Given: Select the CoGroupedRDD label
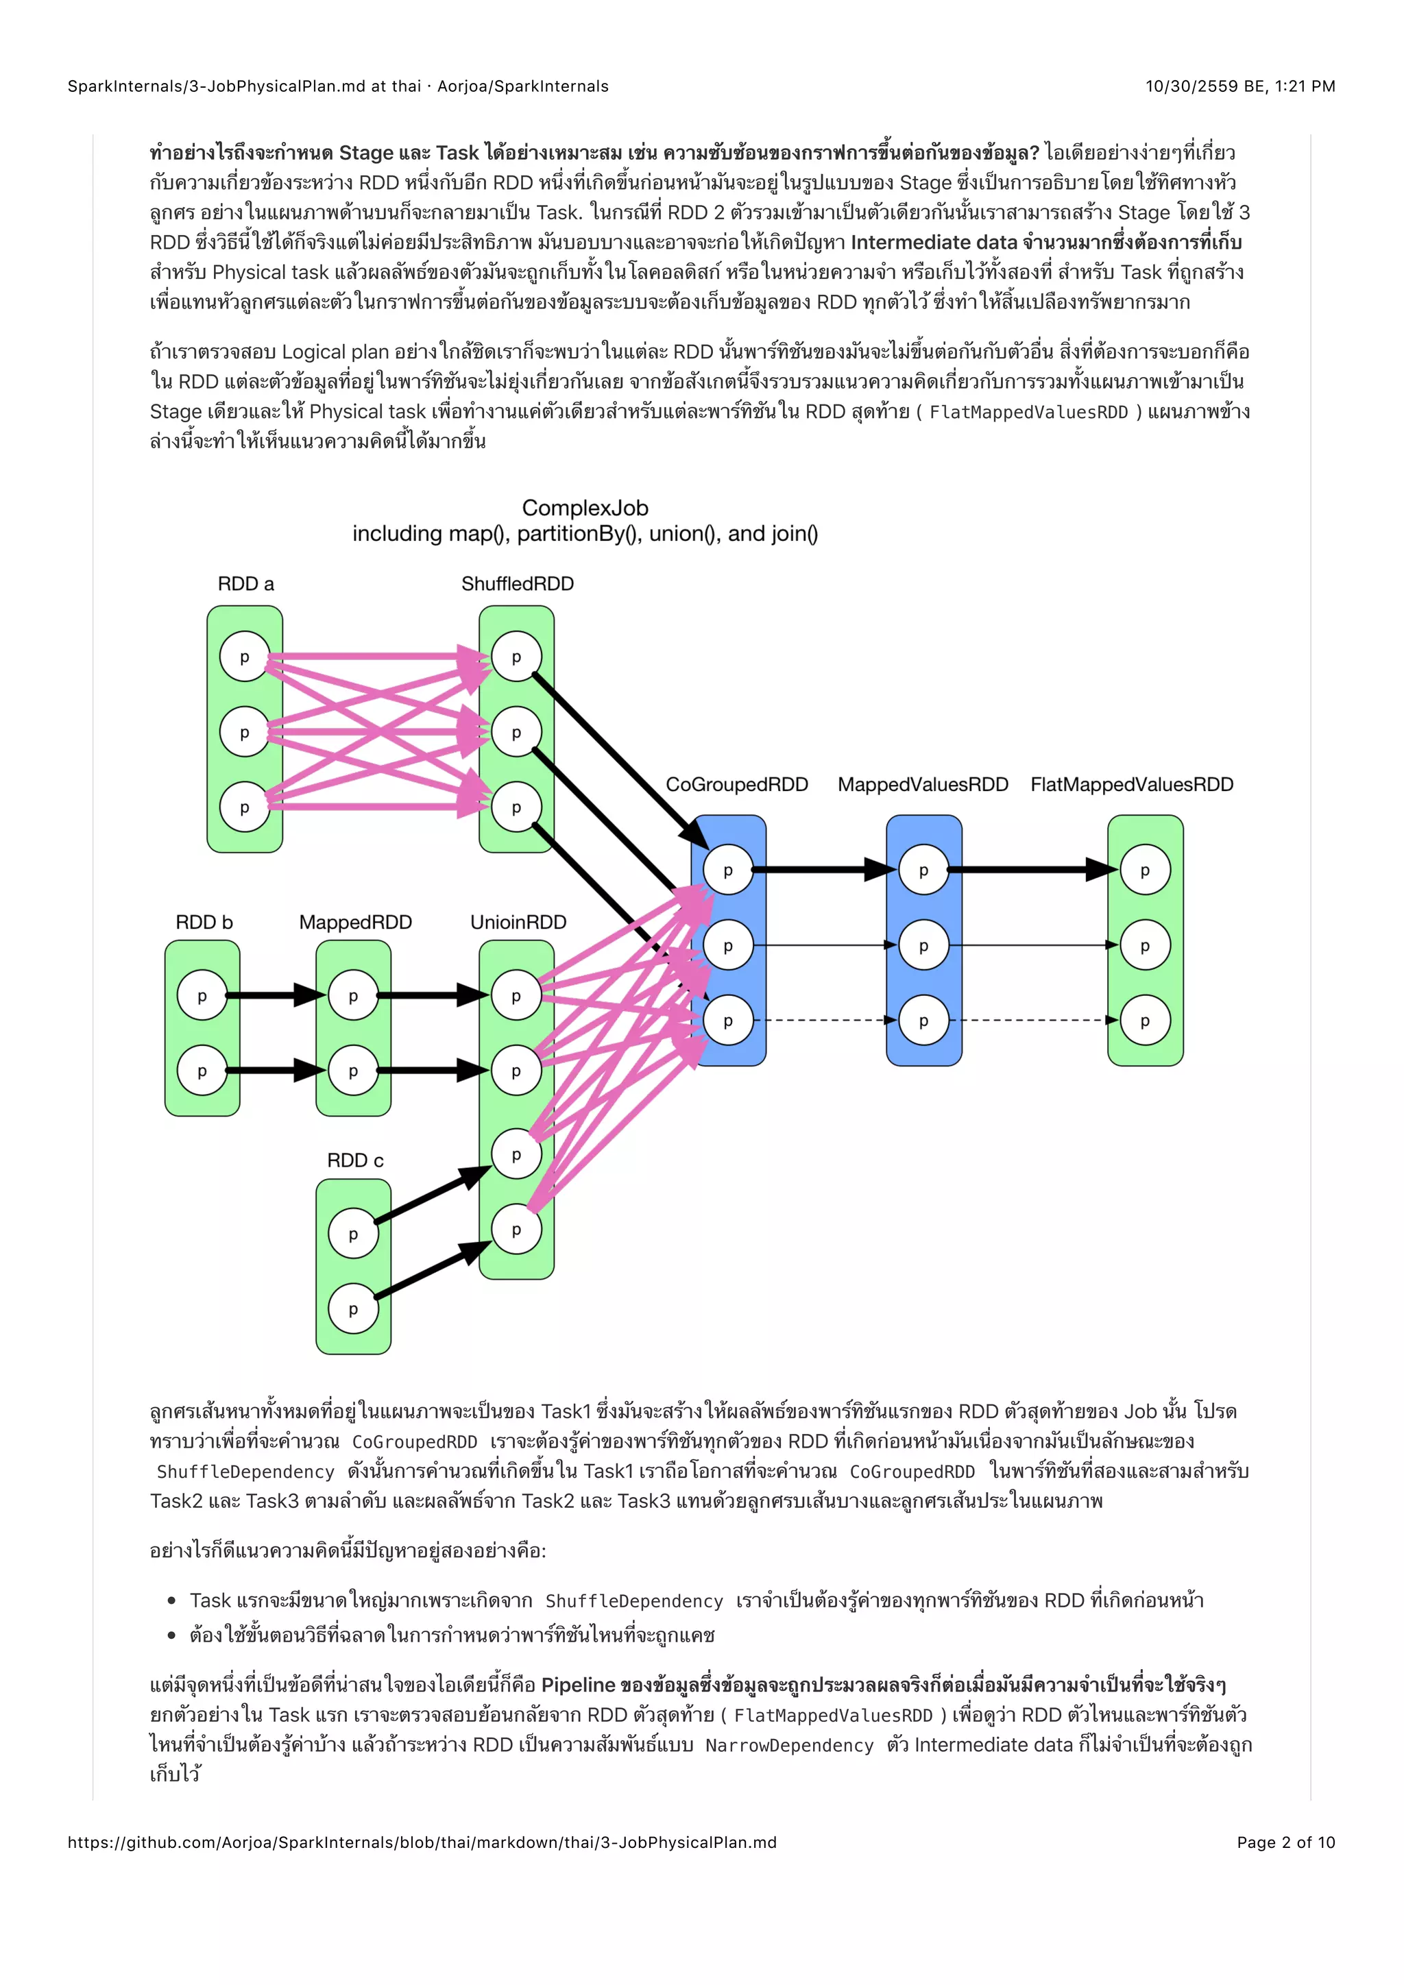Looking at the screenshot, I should coord(736,784).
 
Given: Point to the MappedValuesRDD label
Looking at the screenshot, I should coord(923,784).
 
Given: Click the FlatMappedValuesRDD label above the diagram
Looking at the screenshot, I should coord(1132,784).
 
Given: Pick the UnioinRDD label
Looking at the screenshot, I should coord(518,923).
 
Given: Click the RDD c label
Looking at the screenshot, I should coord(354,1160).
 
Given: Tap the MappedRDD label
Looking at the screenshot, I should coord(355,923).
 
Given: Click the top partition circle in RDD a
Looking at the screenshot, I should coord(245,657).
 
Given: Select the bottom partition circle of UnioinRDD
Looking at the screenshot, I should coord(516,1230).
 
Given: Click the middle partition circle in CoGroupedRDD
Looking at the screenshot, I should coord(728,945).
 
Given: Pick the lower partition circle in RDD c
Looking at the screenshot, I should coord(353,1309).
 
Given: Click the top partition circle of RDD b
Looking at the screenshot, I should coord(202,996).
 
